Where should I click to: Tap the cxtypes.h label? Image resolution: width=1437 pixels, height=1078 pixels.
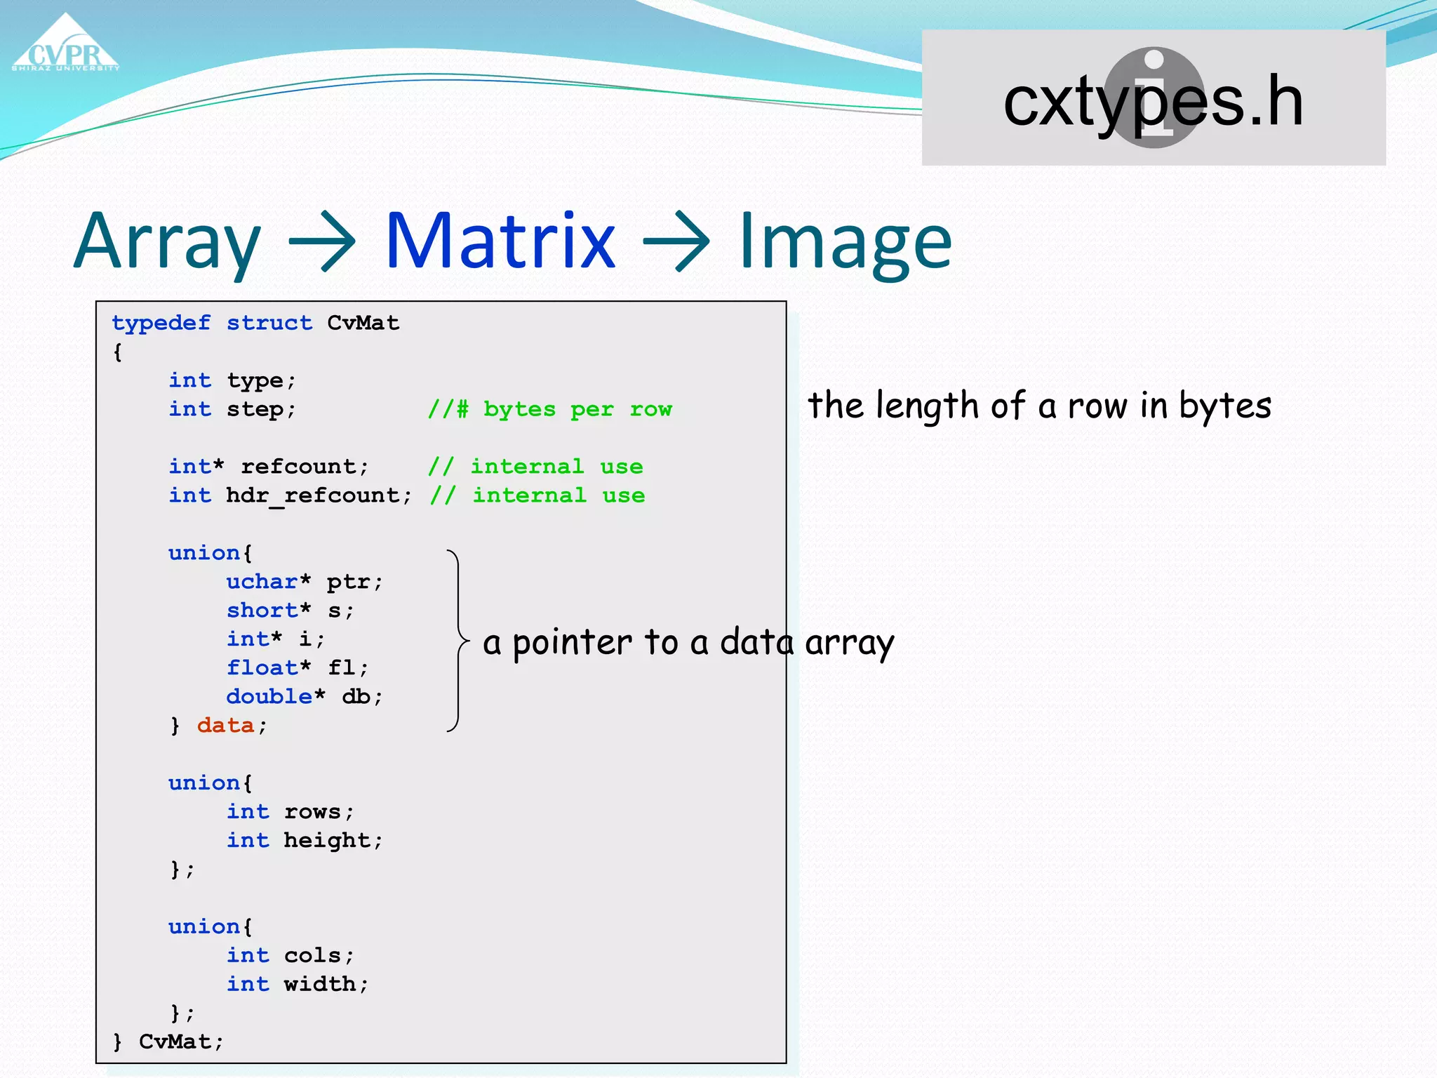tap(1153, 102)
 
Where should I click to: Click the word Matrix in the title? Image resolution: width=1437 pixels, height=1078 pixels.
tap(500, 241)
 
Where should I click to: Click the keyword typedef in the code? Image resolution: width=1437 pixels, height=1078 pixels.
tap(161, 323)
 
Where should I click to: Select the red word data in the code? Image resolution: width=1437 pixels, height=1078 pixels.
tap(225, 725)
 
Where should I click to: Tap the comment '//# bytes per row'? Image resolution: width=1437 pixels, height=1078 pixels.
tap(549, 409)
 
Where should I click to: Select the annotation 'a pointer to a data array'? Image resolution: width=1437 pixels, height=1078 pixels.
tap(688, 643)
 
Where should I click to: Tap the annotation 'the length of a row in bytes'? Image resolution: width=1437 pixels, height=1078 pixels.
tap(1039, 406)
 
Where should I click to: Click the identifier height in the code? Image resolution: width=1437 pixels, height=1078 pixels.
tap(326, 840)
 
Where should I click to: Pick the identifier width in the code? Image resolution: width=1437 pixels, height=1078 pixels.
tap(319, 984)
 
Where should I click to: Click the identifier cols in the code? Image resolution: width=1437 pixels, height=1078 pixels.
tap(312, 955)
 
